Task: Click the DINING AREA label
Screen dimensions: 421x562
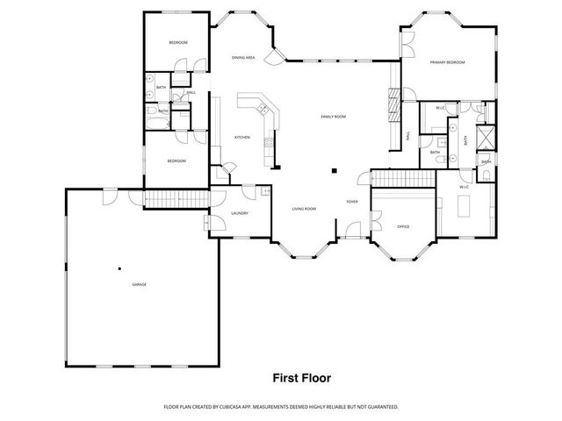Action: (243, 58)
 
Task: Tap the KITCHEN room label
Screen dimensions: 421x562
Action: (241, 138)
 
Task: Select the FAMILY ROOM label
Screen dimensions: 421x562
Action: (333, 117)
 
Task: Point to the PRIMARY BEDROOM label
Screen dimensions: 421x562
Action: (447, 63)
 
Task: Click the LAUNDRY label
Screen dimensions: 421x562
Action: (240, 213)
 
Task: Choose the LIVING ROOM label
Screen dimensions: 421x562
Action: (304, 209)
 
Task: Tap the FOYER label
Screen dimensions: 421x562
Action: (351, 202)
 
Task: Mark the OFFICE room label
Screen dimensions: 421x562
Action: (403, 226)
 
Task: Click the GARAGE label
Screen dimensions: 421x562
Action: (139, 285)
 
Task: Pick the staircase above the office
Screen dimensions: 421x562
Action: (404, 178)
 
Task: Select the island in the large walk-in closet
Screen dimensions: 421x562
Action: (465, 207)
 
